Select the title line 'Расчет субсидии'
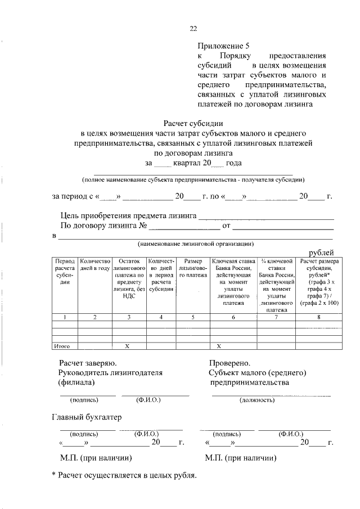(193, 123)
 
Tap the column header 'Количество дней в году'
(94, 265)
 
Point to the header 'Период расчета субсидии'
(64, 272)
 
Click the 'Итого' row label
(61, 345)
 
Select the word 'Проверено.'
(229, 363)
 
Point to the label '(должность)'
(256, 400)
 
